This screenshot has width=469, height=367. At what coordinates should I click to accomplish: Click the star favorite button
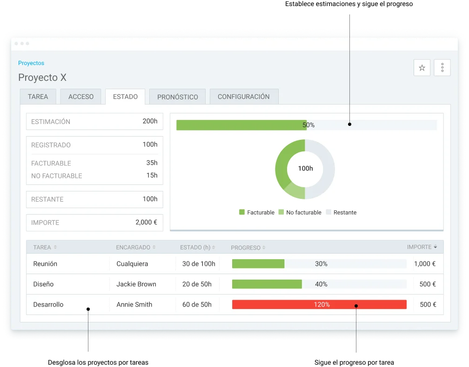[422, 67]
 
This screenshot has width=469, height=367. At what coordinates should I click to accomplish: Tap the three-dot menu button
[442, 67]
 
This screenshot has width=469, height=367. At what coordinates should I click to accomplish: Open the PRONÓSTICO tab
[177, 97]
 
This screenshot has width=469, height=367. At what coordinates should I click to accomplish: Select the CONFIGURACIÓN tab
[244, 97]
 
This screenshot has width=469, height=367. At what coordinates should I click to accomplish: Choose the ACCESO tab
[81, 97]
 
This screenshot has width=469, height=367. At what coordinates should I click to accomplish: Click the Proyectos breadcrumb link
[31, 63]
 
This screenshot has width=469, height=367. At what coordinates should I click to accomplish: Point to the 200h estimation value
[150, 121]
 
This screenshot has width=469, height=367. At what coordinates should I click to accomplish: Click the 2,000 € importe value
[146, 222]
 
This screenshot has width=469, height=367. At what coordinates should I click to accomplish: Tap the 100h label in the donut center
[305, 169]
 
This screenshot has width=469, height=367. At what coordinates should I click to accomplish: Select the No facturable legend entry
[300, 212]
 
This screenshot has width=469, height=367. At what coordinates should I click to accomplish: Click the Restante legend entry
[342, 212]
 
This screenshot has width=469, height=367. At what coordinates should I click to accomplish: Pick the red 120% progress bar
[319, 304]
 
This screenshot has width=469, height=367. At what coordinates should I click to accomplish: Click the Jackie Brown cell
[136, 284]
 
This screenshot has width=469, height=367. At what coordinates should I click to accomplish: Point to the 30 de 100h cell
[199, 264]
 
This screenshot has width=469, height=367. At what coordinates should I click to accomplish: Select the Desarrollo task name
[48, 304]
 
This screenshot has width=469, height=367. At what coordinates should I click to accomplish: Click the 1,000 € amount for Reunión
[425, 264]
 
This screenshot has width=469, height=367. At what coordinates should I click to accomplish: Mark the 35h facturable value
[152, 163]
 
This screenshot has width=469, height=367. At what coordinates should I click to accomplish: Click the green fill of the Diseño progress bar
[267, 284]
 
